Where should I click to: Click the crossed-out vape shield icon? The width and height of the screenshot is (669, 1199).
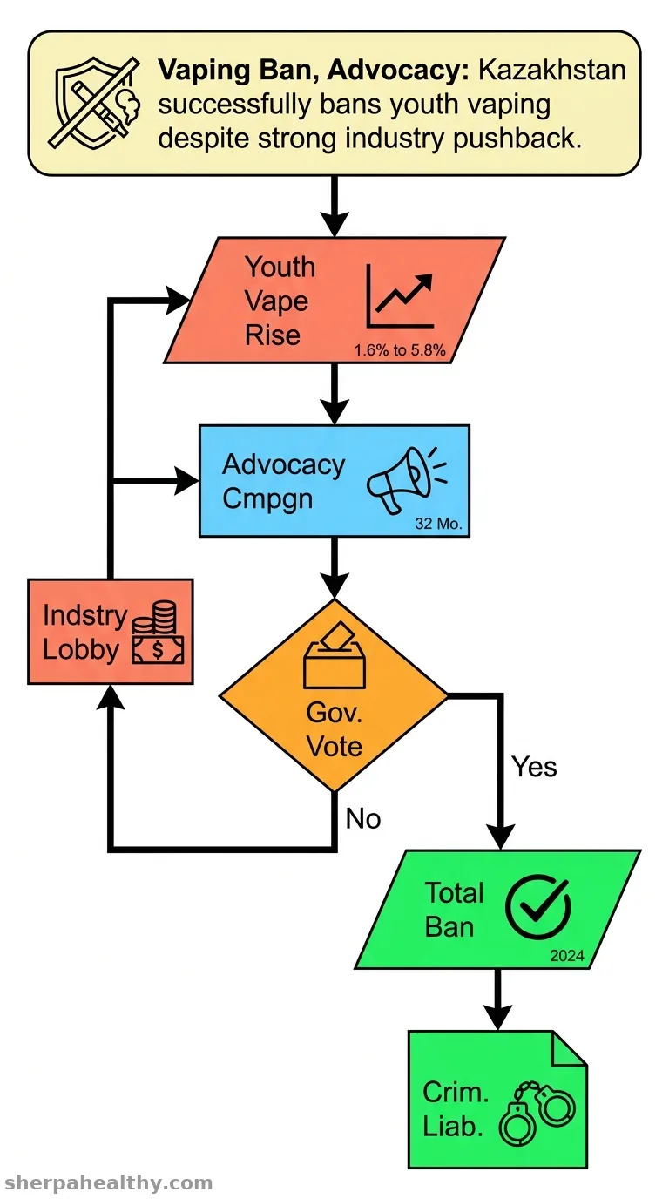(x=94, y=102)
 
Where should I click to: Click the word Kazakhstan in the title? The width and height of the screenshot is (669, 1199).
(x=551, y=70)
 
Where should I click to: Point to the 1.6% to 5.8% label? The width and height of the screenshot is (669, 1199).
(x=400, y=350)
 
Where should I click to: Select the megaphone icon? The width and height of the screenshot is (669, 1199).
(x=407, y=480)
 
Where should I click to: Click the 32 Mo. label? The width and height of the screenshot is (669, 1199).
(x=438, y=524)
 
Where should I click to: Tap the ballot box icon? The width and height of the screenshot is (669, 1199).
(x=334, y=654)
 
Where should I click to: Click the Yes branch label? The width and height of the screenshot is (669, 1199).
(x=534, y=767)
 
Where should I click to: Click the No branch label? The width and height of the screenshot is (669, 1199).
(x=363, y=819)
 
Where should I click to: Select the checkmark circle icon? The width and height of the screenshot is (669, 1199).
(x=537, y=907)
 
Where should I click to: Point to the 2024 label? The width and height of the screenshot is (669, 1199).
(x=567, y=955)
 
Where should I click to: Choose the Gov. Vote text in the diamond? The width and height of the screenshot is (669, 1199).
(x=334, y=729)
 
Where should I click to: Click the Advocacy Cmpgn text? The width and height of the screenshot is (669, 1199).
(x=284, y=481)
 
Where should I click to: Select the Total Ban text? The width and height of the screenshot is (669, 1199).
(x=454, y=910)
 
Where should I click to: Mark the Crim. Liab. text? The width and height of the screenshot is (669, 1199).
(x=456, y=1109)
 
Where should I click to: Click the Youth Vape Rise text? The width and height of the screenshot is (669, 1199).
(x=280, y=301)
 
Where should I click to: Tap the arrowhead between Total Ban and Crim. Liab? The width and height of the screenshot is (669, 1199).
(x=498, y=1017)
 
